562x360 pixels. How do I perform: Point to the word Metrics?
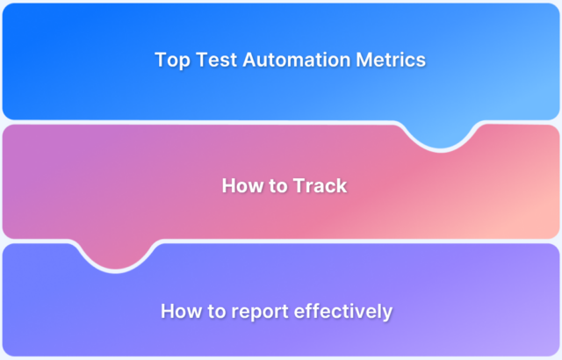392,60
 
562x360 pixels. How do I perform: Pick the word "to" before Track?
277,185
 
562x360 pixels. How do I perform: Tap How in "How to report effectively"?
179,311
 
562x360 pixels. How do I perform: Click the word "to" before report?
215,311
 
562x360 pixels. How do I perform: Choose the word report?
258,312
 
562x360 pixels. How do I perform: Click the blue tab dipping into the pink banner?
438,133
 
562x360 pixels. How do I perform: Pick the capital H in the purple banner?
168,311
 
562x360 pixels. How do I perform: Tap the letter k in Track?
341,185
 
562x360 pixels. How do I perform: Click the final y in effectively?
387,313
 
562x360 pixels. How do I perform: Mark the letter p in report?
253,313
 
